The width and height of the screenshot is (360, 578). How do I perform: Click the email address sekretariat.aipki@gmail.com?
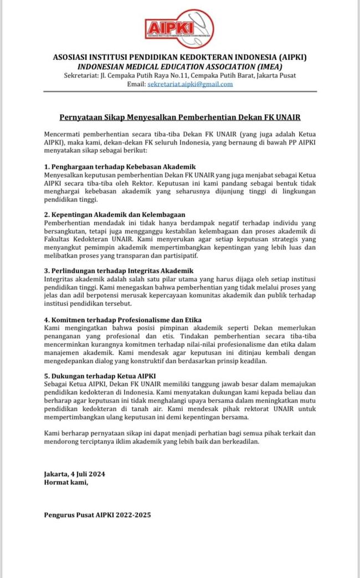190,84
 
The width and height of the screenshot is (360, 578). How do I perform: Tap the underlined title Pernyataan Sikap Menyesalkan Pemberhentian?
180,117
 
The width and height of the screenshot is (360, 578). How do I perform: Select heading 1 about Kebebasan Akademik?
120,166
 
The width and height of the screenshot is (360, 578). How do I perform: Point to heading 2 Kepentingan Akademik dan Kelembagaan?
115,214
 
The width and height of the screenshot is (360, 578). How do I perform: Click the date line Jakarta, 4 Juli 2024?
75,474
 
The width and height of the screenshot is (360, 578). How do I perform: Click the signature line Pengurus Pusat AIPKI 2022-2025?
97,514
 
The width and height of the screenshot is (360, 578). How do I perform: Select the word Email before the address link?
136,84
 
